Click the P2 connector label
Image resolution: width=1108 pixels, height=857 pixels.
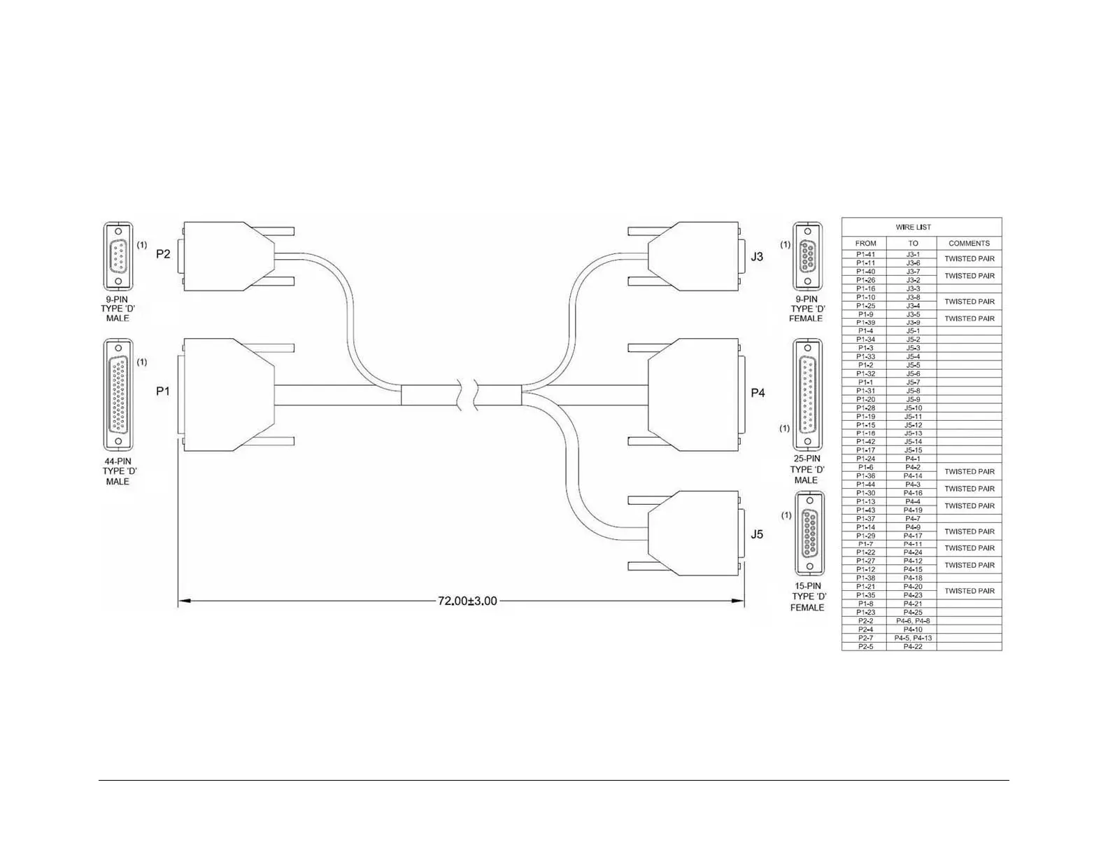(x=163, y=254)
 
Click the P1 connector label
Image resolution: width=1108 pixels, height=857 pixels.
(x=163, y=391)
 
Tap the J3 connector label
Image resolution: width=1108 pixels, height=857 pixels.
(x=757, y=257)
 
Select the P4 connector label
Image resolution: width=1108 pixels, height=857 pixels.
(x=758, y=393)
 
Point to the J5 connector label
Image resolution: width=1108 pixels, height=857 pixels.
(x=757, y=534)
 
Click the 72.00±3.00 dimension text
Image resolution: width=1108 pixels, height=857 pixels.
(x=467, y=601)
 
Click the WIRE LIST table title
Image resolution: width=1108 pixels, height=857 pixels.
(x=913, y=227)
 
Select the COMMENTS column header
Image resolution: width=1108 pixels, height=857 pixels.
(x=969, y=244)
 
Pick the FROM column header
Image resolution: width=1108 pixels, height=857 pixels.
(x=865, y=244)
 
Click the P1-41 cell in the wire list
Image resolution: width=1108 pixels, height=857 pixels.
(x=865, y=255)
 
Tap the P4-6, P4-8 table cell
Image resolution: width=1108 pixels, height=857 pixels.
(x=912, y=621)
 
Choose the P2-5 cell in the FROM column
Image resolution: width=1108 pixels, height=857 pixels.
(x=865, y=646)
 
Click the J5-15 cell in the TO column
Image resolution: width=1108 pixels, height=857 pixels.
(x=913, y=450)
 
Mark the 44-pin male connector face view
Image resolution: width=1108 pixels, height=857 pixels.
(x=118, y=396)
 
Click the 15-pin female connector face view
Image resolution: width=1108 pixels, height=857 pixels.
(x=809, y=534)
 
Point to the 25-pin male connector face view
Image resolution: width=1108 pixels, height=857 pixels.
(x=807, y=395)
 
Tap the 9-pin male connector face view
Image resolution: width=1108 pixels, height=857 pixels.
(x=118, y=256)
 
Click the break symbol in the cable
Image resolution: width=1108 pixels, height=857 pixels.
(x=466, y=394)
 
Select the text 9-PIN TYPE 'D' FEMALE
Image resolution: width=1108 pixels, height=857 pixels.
(x=807, y=309)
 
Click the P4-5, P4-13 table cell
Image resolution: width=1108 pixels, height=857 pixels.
(x=912, y=638)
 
